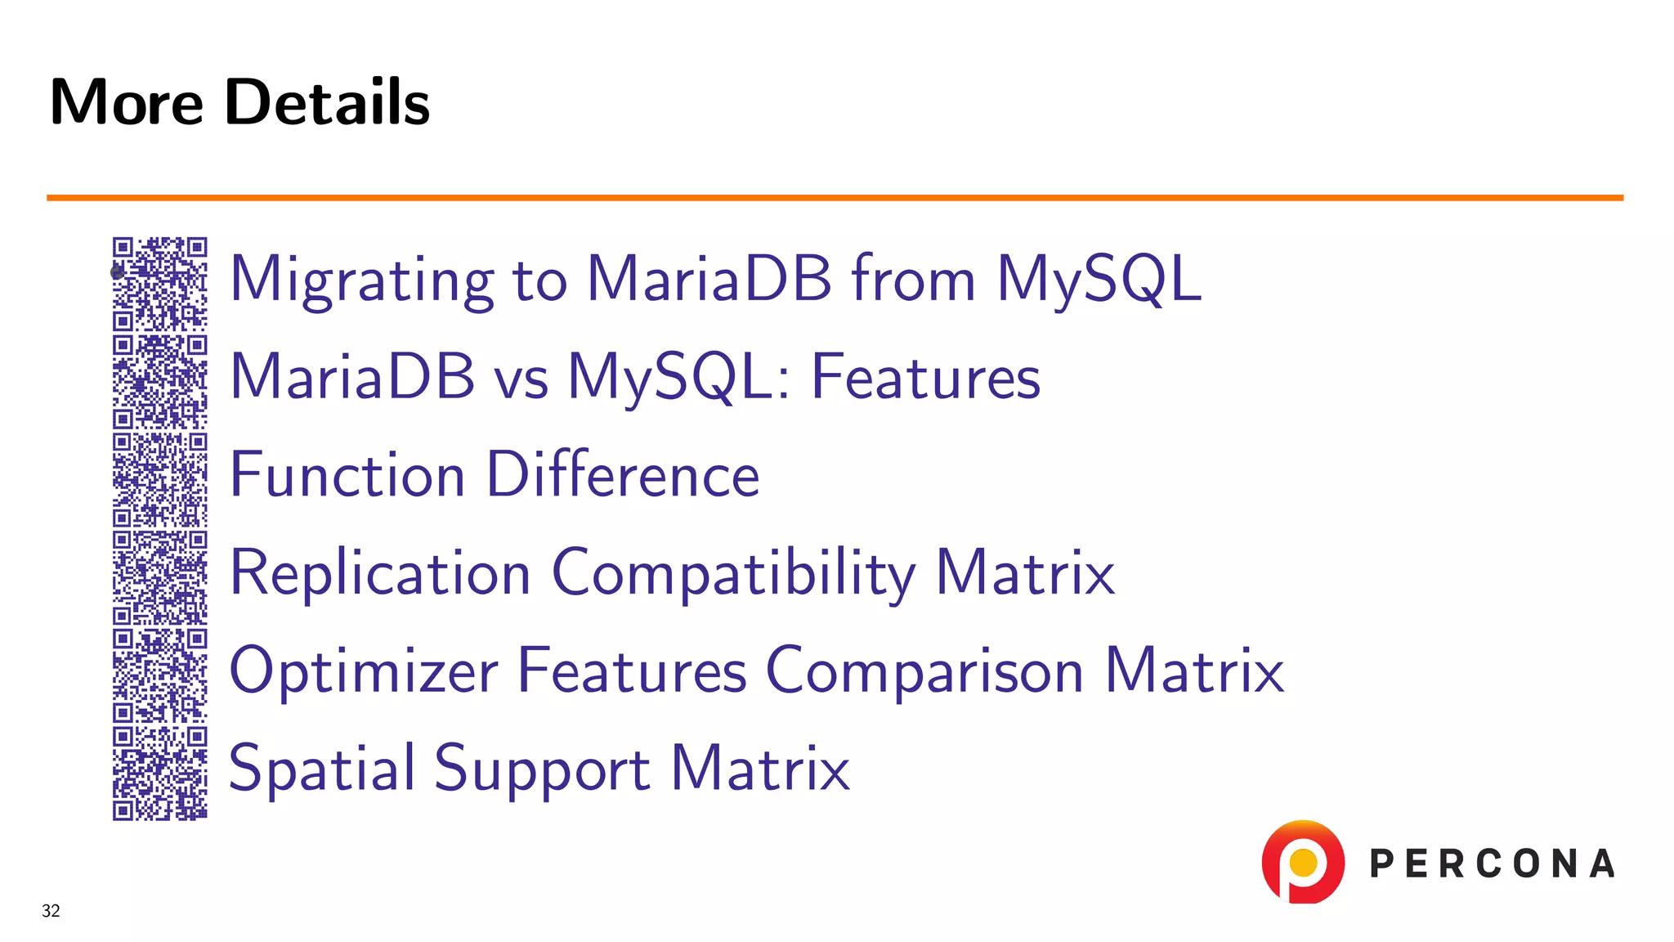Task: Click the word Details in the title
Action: (x=327, y=102)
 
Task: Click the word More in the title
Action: (x=127, y=102)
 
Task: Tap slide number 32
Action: (x=51, y=911)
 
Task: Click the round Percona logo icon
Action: (x=1303, y=862)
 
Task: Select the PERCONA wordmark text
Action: (x=1492, y=864)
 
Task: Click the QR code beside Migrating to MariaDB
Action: (x=159, y=283)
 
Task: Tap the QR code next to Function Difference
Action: (x=159, y=479)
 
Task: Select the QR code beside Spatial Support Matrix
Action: (x=159, y=773)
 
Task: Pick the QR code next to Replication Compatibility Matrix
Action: (x=159, y=577)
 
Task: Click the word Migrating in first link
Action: (x=362, y=280)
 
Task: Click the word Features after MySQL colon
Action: (x=925, y=378)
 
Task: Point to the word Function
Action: (x=347, y=475)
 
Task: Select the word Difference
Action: (x=623, y=475)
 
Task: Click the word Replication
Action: (x=380, y=573)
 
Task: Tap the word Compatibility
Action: (x=733, y=573)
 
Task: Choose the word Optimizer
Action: (x=364, y=671)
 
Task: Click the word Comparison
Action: (x=924, y=671)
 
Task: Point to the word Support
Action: (x=542, y=769)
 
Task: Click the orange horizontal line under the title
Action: (x=834, y=197)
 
